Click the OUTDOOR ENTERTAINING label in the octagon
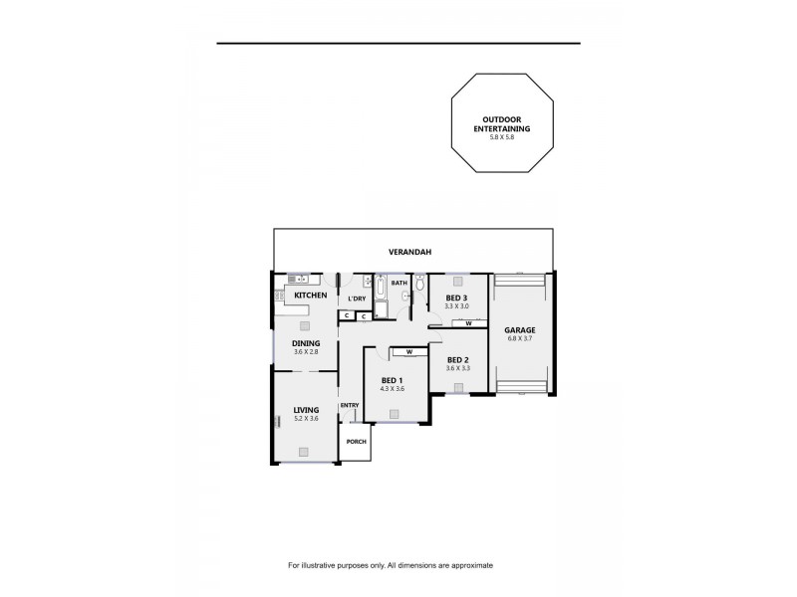pos(500,123)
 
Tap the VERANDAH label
pos(410,254)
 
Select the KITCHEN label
pos(310,296)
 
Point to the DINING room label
pos(306,343)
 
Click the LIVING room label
pos(306,409)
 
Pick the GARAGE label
pos(520,329)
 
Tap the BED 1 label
pos(393,380)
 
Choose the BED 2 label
pos(458,359)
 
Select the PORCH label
pos(356,442)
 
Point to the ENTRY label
pos(349,405)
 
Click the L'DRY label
pos(357,298)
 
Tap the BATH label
pos(398,283)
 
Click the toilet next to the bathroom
pos(419,287)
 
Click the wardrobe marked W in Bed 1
pos(408,351)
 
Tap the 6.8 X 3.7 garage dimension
pos(520,338)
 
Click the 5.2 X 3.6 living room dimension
pos(306,418)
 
